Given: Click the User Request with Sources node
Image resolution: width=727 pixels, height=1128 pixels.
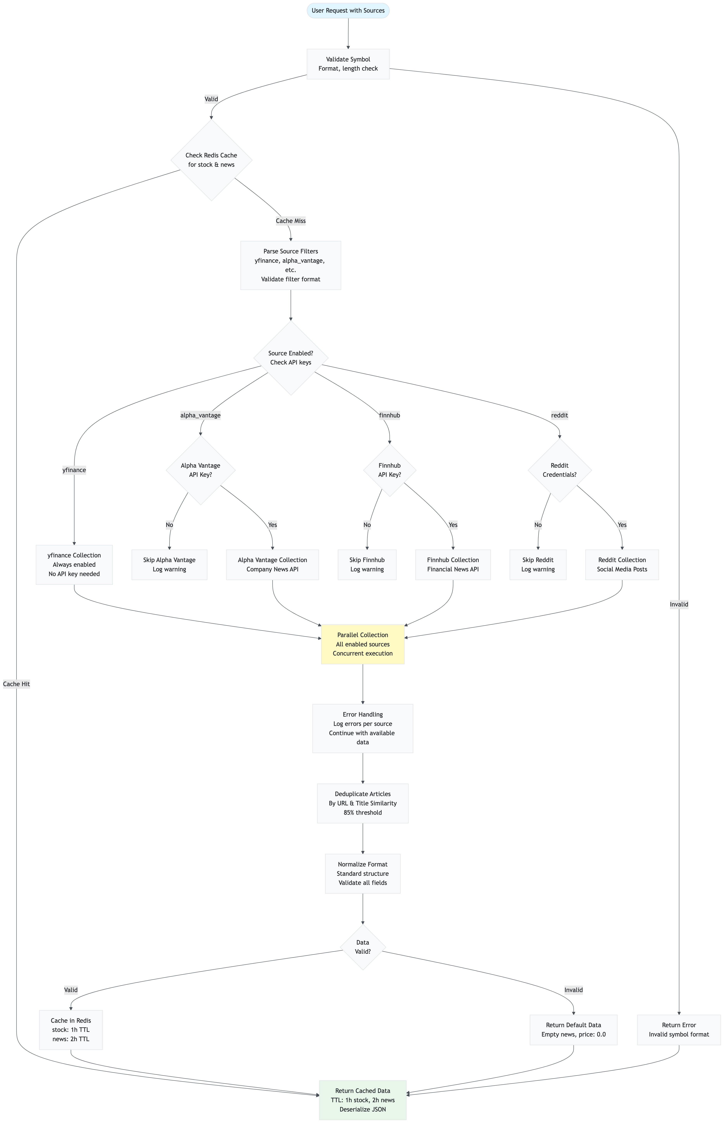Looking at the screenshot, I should tap(348, 10).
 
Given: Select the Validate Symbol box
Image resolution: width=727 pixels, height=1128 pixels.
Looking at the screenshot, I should tap(348, 64).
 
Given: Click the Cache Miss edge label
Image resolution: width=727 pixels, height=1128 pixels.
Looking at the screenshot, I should tap(290, 221).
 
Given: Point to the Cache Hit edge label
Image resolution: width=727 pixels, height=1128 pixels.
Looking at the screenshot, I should tap(16, 684).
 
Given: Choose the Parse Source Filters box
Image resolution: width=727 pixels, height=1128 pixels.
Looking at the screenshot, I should tap(290, 265).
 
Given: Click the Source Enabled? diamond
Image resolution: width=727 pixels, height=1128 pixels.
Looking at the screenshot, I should tap(290, 358).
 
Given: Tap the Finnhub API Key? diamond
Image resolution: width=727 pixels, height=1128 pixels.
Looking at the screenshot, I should tap(389, 470).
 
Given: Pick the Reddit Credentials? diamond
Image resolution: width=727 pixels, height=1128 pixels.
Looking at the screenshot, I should tap(559, 470).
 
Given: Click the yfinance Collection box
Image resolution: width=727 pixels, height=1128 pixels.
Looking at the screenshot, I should tap(74, 564).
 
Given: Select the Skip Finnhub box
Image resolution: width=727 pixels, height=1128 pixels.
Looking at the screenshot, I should tap(367, 564).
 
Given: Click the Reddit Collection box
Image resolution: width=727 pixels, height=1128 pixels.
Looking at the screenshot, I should tap(622, 564).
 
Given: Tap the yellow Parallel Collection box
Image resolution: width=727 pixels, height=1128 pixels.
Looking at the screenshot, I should tap(363, 644).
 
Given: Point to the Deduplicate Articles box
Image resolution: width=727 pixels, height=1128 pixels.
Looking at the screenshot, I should tap(363, 803).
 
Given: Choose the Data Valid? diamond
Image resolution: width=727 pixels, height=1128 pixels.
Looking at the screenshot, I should tap(363, 947).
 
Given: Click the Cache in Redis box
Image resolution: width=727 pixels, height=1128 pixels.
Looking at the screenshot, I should tap(71, 1030).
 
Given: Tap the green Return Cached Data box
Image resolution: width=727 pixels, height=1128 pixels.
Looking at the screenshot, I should tap(363, 1100).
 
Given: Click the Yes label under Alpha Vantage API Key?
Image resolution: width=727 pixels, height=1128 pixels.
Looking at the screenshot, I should tap(272, 525).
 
